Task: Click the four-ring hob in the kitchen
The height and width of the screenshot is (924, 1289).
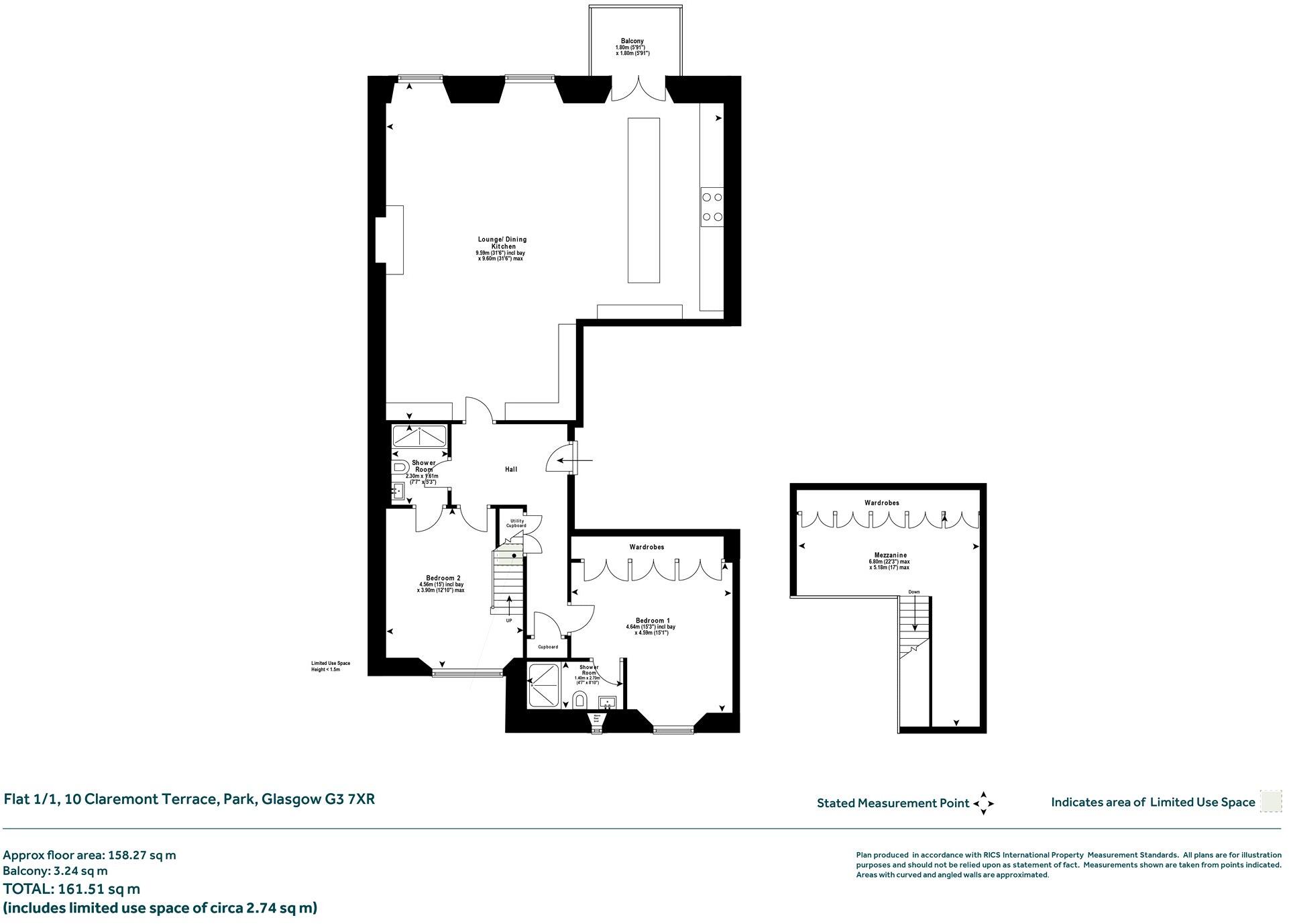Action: tap(712, 207)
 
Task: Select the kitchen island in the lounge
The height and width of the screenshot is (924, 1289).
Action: tap(643, 200)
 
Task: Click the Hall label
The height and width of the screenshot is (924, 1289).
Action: tap(511, 469)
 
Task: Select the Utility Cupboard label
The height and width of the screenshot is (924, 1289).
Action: tap(516, 523)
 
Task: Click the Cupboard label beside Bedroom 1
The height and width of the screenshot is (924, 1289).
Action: tap(548, 647)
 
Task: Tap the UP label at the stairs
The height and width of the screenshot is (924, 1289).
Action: tap(509, 621)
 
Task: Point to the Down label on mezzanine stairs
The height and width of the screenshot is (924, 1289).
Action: tap(913, 592)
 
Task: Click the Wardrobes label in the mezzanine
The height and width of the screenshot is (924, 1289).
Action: tap(881, 503)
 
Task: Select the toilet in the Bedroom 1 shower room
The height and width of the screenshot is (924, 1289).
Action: tap(580, 701)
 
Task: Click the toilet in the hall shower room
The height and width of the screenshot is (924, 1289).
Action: tap(401, 466)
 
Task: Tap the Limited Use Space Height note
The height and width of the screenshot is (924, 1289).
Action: tap(330, 666)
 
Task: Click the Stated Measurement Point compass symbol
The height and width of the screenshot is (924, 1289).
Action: tap(983, 803)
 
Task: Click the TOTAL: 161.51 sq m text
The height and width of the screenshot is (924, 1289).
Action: tap(72, 889)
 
